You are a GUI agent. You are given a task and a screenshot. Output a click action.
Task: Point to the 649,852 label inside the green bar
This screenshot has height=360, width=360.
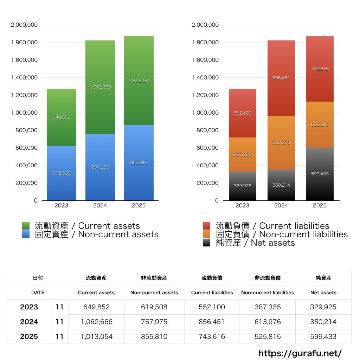62,117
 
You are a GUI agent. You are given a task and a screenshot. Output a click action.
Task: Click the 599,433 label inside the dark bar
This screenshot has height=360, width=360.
320,174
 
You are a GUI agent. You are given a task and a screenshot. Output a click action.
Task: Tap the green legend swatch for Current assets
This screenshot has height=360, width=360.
26,226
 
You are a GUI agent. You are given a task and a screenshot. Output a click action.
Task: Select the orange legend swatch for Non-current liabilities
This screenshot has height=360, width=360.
207,234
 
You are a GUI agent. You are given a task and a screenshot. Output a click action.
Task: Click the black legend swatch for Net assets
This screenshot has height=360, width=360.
207,243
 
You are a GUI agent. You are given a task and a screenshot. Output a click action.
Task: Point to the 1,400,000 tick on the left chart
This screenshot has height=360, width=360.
24,78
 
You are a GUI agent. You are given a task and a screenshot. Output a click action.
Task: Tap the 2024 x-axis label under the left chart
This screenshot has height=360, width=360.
100,206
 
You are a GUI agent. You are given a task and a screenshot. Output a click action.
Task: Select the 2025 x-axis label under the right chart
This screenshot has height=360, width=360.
320,206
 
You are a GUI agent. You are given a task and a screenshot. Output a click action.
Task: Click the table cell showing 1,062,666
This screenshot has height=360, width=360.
97,322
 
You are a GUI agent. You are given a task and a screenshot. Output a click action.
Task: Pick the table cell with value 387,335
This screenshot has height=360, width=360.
268,307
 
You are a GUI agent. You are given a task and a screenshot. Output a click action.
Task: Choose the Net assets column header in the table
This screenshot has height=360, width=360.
323,292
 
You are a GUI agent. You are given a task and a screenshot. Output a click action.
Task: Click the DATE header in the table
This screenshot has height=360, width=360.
38,292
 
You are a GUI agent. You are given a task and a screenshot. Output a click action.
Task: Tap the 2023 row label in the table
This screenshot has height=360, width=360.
29,307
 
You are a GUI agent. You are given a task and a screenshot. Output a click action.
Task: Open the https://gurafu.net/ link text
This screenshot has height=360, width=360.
300,353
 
